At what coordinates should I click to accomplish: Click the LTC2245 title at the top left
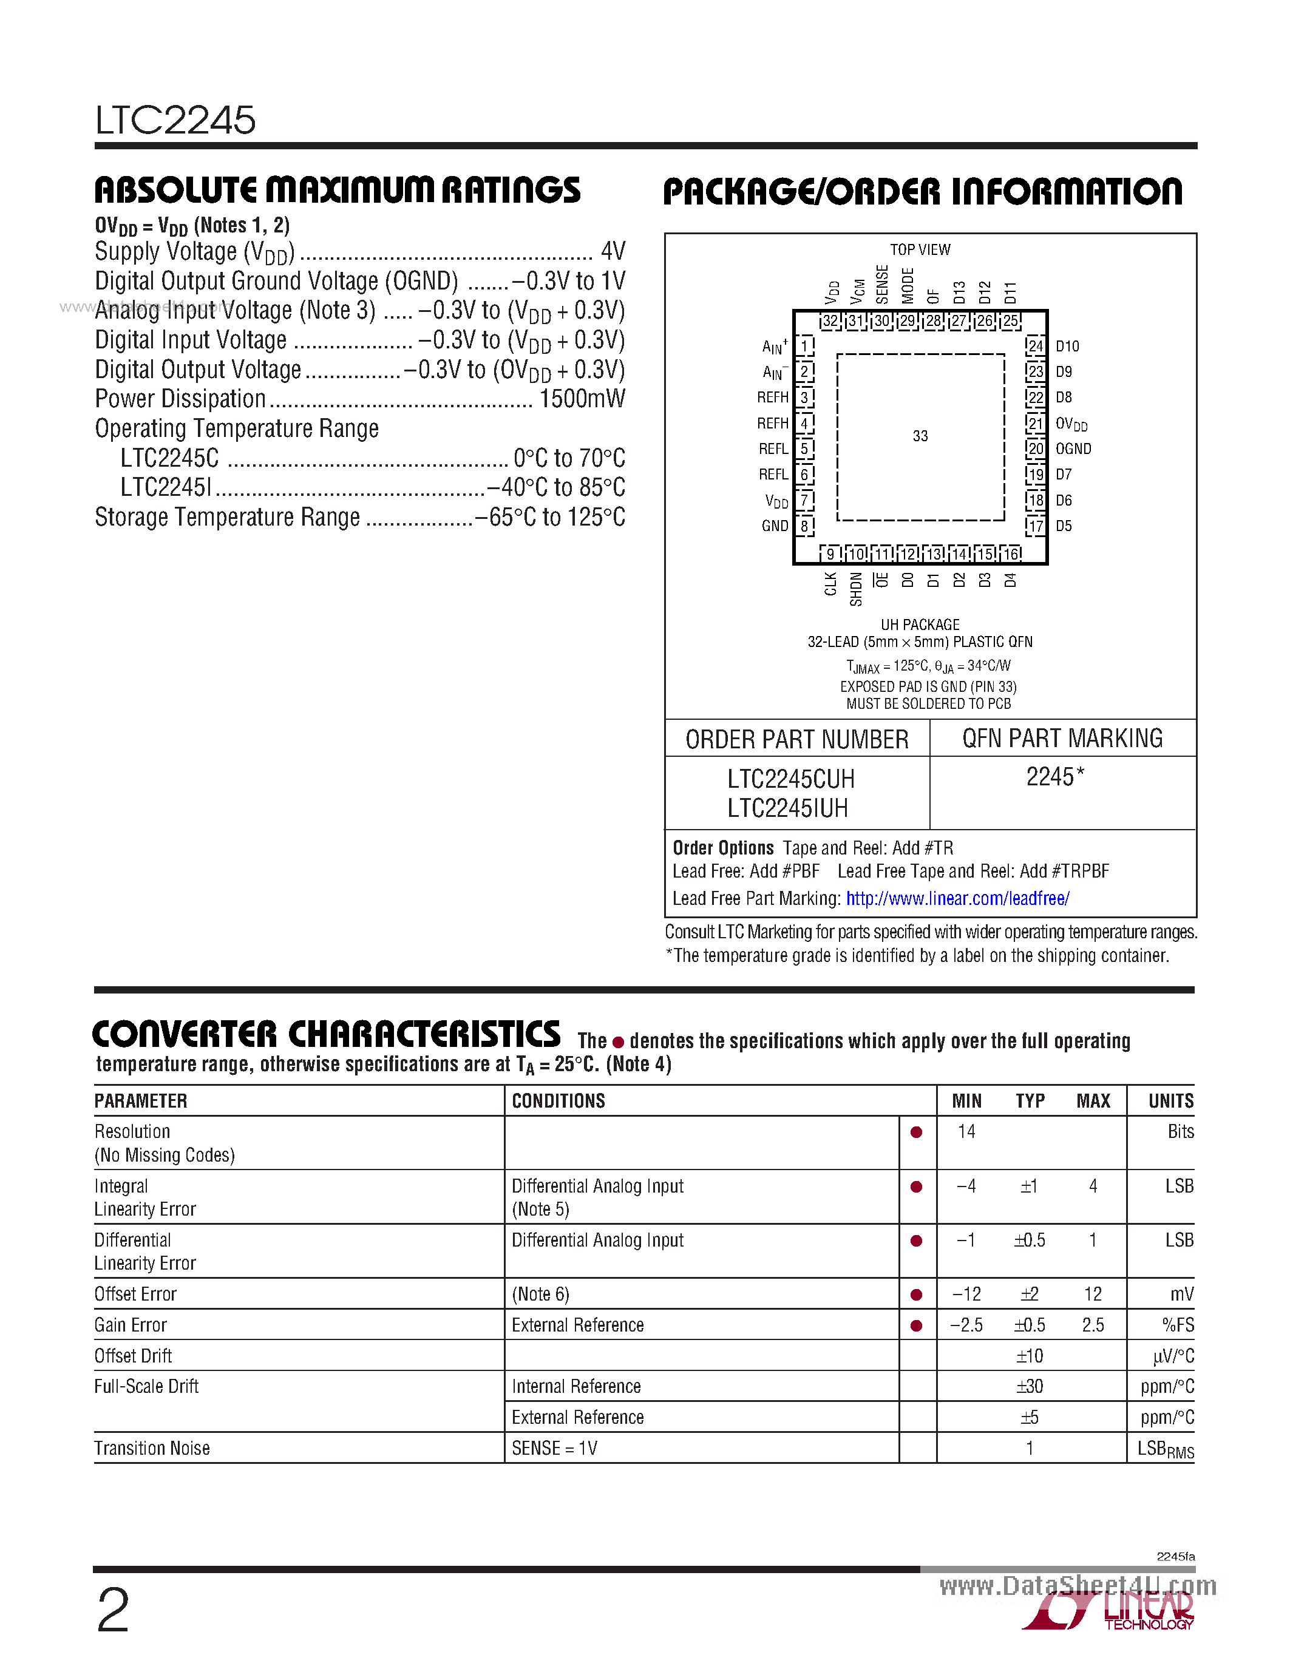click(x=175, y=120)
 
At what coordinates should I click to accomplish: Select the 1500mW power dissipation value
click(x=582, y=399)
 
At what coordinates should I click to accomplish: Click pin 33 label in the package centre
click(x=920, y=436)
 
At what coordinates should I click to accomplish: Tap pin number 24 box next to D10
click(x=1036, y=346)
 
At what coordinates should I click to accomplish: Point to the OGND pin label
click(x=1073, y=449)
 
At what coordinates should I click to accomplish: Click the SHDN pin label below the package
click(x=856, y=589)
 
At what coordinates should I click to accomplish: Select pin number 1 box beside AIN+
click(x=804, y=346)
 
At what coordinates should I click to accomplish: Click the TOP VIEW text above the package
click(x=920, y=250)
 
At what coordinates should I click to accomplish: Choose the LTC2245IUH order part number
click(x=787, y=808)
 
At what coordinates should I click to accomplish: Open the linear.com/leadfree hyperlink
click(x=957, y=899)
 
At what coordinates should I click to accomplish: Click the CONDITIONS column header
click(x=558, y=1101)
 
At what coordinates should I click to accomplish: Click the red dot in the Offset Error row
click(x=915, y=1295)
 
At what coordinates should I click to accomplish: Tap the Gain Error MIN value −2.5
click(x=966, y=1325)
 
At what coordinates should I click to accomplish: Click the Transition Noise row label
click(x=152, y=1448)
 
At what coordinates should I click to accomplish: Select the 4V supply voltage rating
click(x=613, y=251)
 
